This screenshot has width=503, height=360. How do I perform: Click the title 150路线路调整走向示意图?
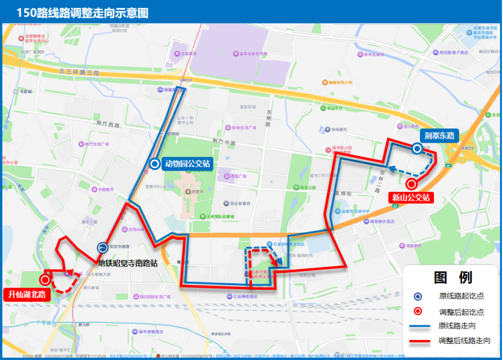pos(82,13)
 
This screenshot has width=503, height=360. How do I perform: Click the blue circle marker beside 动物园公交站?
pos(154,163)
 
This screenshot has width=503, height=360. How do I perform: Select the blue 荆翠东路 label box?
pos(439,135)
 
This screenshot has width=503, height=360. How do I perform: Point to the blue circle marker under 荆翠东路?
pos(417,148)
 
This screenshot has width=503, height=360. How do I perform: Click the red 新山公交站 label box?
pos(410,197)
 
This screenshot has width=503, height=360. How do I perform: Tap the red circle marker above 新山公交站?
pos(412,184)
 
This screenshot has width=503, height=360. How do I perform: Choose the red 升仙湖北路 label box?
pos(27,295)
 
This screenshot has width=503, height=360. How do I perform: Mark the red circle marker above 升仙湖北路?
pos(45,280)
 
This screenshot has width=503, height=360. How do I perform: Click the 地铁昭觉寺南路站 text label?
pos(128,263)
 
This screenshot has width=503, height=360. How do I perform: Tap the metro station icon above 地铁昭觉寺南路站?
pos(103,247)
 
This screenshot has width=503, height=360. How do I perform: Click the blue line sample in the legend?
pos(418,326)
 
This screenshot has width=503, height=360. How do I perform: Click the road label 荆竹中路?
pos(225,141)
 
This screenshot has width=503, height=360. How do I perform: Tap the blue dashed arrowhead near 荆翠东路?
pos(391,169)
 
